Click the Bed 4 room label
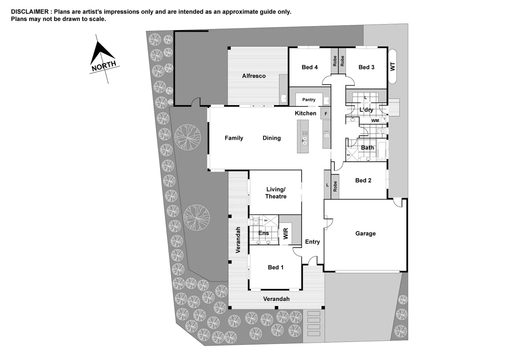pos(310,67)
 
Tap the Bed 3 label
pos(366,67)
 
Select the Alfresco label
pos(254,76)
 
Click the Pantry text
pos(309,100)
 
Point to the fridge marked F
pos(326,114)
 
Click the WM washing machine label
pos(375,121)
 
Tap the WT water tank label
pos(393,66)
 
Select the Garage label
pos(365,234)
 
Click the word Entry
pos(312,242)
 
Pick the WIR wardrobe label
pos(286,233)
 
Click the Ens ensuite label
pos(264,233)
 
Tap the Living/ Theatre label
pos(276,193)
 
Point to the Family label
pos(234,138)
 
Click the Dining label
pos(272,138)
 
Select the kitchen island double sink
pos(305,138)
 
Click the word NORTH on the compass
pos(104,66)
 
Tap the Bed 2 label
pos(363,180)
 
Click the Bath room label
pos(367,148)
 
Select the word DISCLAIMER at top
pos(30,12)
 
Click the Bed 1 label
pos(276,267)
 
